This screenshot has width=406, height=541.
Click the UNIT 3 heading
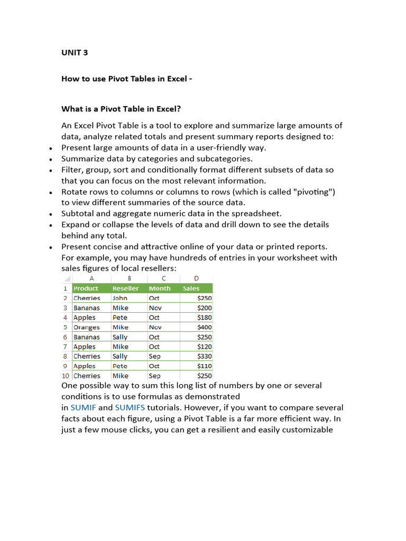click(75, 52)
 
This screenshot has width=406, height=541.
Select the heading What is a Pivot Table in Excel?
click(121, 109)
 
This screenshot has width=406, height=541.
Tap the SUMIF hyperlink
click(84, 407)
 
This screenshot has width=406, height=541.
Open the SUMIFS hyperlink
click(130, 407)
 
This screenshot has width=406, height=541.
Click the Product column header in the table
click(86, 288)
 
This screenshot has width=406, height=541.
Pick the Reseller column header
click(125, 288)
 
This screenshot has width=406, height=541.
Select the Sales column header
click(191, 288)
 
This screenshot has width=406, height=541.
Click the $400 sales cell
click(204, 327)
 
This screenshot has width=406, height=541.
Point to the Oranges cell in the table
click(86, 327)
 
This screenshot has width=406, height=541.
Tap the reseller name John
click(119, 298)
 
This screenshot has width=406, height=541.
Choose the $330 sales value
click(204, 356)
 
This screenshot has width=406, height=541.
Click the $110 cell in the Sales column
click(204, 366)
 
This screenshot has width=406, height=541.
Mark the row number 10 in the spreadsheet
click(66, 376)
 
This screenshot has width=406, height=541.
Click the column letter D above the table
click(197, 278)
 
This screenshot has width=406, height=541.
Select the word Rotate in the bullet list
click(75, 192)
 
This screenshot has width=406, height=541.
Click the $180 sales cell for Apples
click(204, 318)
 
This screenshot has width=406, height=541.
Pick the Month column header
click(160, 288)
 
